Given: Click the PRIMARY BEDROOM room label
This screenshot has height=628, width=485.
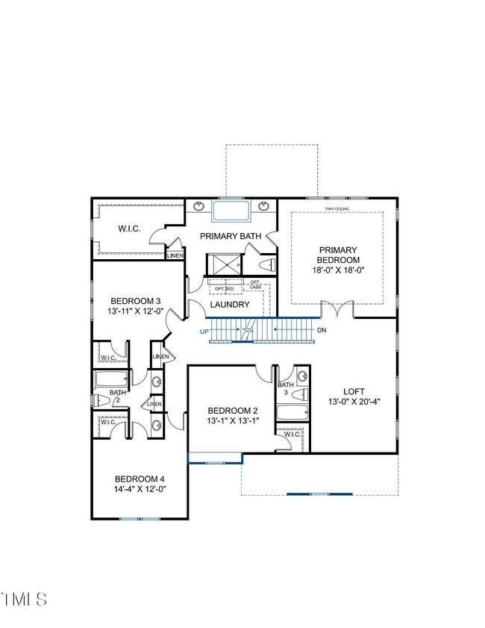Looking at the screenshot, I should [338, 255].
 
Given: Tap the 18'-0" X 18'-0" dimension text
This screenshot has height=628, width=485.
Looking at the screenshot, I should [338, 270].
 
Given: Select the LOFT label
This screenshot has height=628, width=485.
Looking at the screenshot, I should [354, 391].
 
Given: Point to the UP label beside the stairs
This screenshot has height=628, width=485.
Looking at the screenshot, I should [204, 330].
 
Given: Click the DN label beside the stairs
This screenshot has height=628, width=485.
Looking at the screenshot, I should [321, 330].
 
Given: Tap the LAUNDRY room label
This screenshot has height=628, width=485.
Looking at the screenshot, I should [229, 305].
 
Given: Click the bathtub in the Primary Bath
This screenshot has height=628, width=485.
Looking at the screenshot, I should [231, 211].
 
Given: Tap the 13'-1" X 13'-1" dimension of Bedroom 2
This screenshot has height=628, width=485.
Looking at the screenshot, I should [233, 421].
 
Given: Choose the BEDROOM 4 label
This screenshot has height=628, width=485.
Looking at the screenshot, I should [139, 479].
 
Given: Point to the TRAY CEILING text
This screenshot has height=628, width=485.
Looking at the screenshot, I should [337, 208].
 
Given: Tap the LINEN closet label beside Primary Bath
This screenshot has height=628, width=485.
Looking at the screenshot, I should [175, 255].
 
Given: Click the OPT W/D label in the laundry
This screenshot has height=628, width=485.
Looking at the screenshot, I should [225, 288].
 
